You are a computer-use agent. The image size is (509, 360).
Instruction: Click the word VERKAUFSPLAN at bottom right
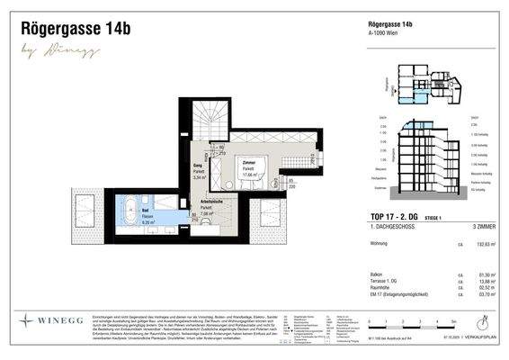pyautogui.click(x=478, y=342)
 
